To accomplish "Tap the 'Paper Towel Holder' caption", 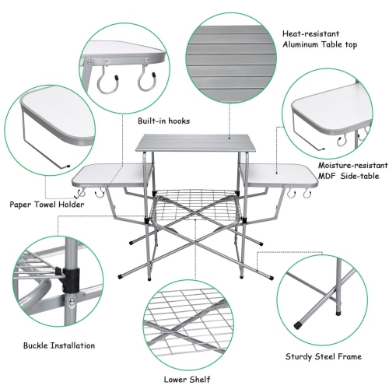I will [x=47, y=205].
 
